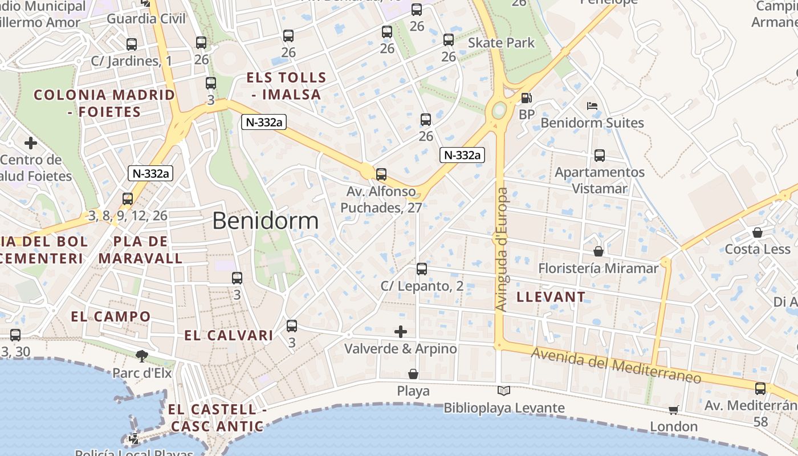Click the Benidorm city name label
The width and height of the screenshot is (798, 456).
click(x=265, y=221)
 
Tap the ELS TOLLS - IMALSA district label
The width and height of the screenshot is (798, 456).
click(x=286, y=86)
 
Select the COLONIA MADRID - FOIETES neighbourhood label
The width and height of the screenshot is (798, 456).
click(x=104, y=103)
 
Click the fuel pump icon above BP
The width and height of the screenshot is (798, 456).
click(x=527, y=98)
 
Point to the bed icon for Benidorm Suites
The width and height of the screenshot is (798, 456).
click(x=592, y=106)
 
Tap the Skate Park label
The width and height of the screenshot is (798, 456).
click(x=501, y=43)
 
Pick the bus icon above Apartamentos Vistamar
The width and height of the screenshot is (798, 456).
click(x=599, y=155)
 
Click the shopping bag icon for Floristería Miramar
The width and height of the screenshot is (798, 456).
click(x=598, y=251)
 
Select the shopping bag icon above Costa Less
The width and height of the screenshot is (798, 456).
click(x=757, y=233)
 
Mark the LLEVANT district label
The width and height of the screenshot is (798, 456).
click(x=551, y=296)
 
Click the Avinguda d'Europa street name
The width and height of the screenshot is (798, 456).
click(x=501, y=249)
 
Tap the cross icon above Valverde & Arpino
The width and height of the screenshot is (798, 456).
click(x=401, y=331)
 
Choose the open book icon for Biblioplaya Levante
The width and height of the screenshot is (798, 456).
click(x=503, y=390)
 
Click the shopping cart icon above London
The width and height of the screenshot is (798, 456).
click(x=674, y=409)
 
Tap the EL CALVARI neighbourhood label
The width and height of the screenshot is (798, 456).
click(x=229, y=335)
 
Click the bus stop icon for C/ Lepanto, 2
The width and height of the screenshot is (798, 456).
click(x=421, y=269)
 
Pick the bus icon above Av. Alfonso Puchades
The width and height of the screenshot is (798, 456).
click(x=381, y=174)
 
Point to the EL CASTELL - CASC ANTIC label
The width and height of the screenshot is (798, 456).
click(x=217, y=417)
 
